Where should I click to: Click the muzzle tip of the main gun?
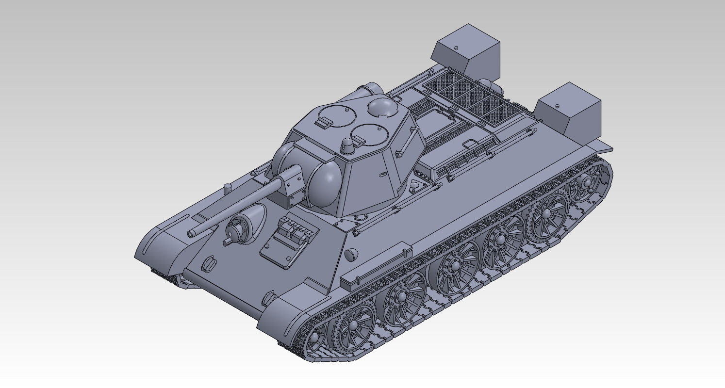191,234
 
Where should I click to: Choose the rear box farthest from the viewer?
466,50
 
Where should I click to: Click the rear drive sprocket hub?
587,183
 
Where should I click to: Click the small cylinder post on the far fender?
227,188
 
